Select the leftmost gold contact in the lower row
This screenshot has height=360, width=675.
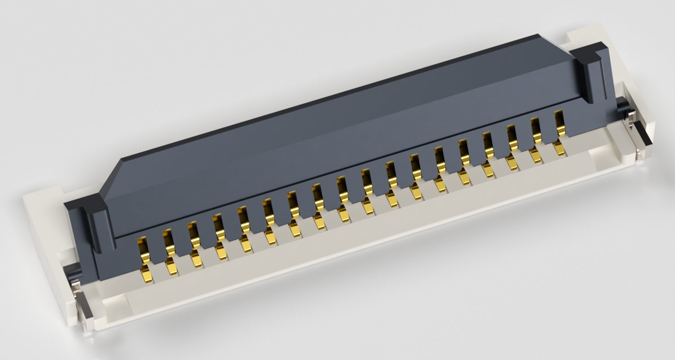[147, 275]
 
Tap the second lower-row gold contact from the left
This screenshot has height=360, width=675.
[172, 268]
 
